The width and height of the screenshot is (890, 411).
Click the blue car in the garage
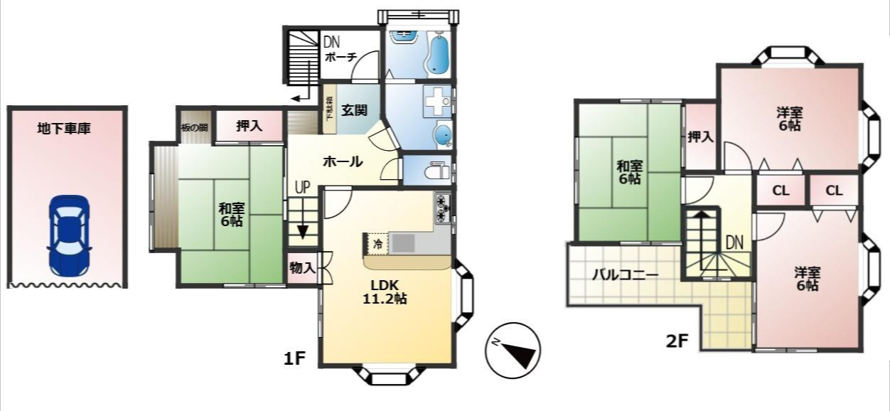[x=68, y=235]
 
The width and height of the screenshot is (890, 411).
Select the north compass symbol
[x=512, y=350]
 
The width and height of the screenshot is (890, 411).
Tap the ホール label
[x=343, y=162]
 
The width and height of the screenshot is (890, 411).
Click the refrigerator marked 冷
[x=377, y=244]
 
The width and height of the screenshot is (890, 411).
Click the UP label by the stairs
[x=303, y=188]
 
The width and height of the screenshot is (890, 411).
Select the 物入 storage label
[x=302, y=267]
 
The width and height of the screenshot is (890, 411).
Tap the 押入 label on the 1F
[x=249, y=126]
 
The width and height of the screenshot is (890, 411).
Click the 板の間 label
[x=194, y=128]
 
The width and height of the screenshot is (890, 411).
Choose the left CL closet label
[x=780, y=191]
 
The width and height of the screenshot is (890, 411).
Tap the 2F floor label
[x=677, y=340]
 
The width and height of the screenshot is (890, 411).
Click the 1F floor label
[x=294, y=359]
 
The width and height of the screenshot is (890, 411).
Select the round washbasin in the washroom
[x=442, y=134]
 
